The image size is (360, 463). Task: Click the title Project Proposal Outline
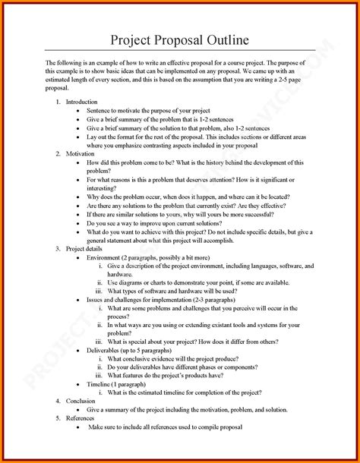179,39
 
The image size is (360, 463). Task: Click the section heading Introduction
81,101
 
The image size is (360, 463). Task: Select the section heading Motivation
80,153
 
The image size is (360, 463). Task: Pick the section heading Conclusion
81,399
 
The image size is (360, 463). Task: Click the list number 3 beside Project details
58,247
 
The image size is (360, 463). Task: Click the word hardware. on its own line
122,275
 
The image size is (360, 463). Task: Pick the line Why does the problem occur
190,196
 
